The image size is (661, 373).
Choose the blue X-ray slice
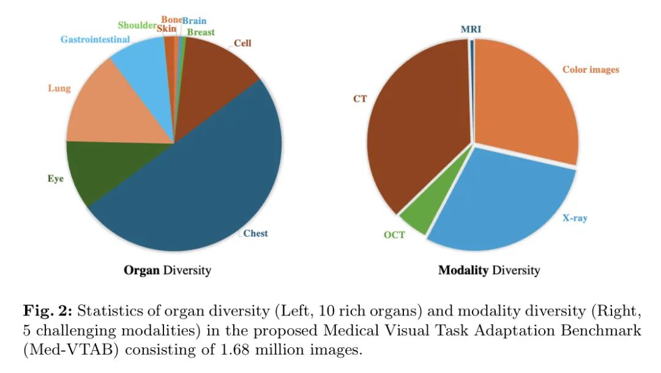click(x=508, y=202)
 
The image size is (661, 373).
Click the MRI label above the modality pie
click(x=471, y=29)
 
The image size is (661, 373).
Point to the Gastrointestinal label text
click(x=95, y=40)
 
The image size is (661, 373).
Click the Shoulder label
click(x=136, y=25)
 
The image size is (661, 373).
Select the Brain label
click(x=194, y=20)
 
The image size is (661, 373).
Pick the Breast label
click(x=201, y=32)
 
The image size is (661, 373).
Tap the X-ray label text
click(x=575, y=217)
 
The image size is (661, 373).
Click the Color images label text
click(x=591, y=69)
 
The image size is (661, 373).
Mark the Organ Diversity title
click(x=167, y=269)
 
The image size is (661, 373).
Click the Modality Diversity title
click(x=489, y=269)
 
